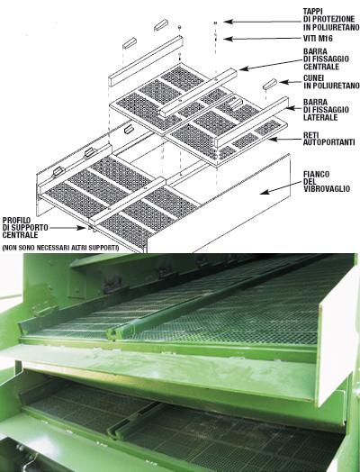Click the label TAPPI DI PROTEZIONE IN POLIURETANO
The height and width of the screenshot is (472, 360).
331,20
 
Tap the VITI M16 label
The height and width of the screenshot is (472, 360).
318,39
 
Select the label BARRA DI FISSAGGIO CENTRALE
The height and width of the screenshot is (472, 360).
326,59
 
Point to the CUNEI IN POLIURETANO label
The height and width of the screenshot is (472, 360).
331,82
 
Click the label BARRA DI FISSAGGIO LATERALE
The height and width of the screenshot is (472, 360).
326,110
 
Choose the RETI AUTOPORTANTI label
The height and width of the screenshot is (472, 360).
329,139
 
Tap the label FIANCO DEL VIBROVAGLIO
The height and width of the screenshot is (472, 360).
327,182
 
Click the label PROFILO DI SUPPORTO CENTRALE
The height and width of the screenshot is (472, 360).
25,228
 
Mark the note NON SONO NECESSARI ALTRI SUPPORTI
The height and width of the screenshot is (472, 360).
60,248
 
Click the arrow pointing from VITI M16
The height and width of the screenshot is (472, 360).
263,39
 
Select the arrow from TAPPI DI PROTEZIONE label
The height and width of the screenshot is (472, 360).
263,22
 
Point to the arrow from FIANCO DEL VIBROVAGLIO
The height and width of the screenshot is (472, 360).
280,187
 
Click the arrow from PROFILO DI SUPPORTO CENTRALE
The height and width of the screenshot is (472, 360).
68,228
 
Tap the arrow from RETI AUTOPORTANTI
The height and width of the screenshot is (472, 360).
284,139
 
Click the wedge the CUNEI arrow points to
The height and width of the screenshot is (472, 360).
269,84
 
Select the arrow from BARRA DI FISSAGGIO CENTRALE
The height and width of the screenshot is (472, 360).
270,65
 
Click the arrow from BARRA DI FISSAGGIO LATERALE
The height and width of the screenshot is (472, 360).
293,108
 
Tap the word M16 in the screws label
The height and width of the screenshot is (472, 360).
326,39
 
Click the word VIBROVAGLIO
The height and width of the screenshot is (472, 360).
327,189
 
